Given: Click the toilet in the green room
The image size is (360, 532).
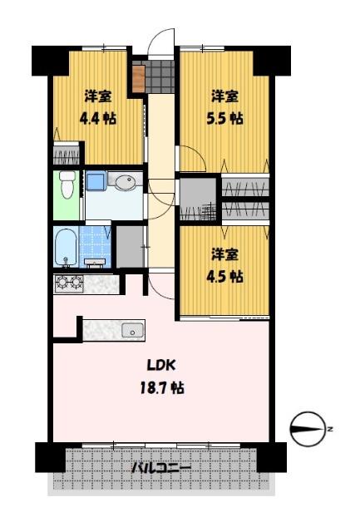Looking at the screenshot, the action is coord(67,184).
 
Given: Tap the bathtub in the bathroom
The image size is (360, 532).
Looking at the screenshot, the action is coord(67,246).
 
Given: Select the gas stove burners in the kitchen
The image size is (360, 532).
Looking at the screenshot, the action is coord(69,283).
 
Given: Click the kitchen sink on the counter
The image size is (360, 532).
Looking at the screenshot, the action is coord(132,331).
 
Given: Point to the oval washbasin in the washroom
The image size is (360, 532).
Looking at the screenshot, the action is coord(126,182).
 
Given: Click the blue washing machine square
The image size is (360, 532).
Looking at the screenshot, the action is coord(96,181).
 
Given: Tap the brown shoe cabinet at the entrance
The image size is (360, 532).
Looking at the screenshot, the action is coord(139,78).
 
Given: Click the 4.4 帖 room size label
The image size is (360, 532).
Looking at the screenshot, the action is coord(97,119).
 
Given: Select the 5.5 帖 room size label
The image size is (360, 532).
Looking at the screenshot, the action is coord(224,119).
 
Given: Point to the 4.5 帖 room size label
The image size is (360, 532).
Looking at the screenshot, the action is coord(224,277).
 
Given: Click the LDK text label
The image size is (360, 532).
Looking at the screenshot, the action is coord(161,365).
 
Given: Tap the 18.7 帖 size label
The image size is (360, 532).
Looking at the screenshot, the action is coord(162,387).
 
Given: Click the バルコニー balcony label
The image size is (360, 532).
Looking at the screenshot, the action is coord(161,468).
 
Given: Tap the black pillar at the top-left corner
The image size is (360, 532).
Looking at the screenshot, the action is coord(50,61).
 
